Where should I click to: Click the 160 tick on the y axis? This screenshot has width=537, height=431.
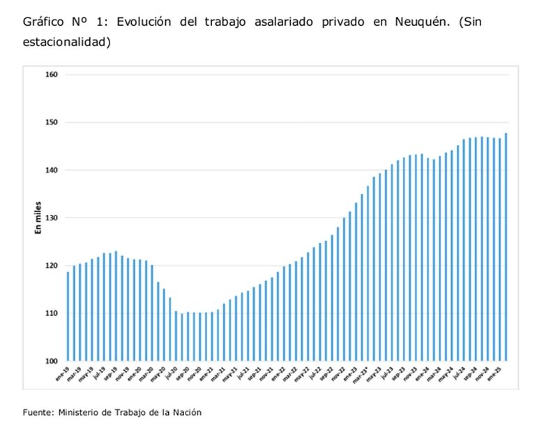click(52, 75)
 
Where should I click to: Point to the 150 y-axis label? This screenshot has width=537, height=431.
click(52, 122)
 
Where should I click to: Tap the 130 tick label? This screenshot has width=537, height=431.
click(52, 218)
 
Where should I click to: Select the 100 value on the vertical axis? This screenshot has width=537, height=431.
click(52, 361)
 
